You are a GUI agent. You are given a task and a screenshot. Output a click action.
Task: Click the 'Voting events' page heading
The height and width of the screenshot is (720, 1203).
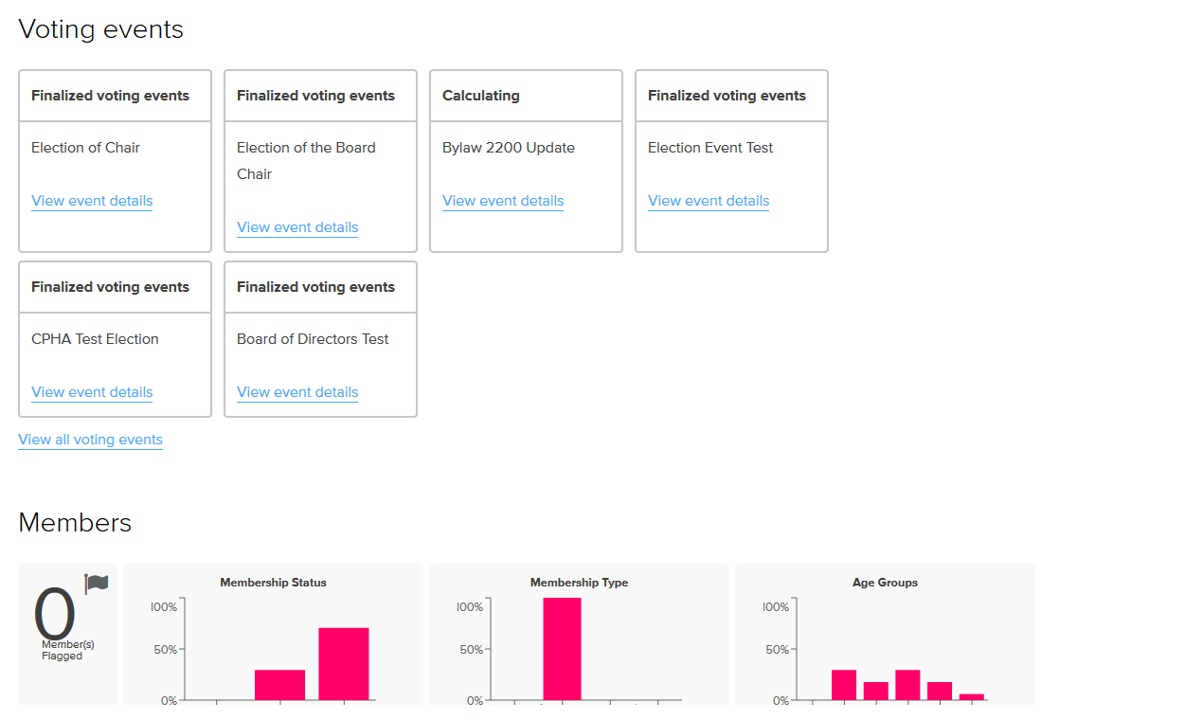[101, 29]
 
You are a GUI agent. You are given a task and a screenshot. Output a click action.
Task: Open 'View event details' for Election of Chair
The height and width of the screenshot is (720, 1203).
[92, 201]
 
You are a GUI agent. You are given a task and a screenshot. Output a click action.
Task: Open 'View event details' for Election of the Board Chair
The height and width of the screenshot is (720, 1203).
[297, 227]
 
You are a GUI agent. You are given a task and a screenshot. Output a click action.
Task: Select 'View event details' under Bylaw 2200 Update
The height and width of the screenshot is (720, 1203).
[503, 201]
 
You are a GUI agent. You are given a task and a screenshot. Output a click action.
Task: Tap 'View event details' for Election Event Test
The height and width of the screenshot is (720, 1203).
[709, 201]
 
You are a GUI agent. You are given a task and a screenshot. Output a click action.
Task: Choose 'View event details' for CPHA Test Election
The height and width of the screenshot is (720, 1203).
[92, 392]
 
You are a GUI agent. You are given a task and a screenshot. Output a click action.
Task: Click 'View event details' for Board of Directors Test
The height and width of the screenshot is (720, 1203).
[297, 392]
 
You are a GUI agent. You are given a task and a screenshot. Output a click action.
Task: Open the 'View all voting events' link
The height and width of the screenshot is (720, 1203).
[91, 440]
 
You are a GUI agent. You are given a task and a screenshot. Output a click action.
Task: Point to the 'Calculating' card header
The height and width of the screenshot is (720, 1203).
[481, 96]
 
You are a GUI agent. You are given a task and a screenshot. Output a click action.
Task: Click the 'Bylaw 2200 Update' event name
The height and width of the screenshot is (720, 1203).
[509, 148]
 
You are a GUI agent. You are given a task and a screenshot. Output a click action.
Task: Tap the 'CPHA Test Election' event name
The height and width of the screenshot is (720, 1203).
[95, 339]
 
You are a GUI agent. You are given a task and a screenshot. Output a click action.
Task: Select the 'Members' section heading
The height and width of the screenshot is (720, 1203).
[75, 523]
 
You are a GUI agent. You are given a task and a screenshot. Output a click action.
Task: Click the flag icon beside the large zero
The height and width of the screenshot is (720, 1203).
[97, 583]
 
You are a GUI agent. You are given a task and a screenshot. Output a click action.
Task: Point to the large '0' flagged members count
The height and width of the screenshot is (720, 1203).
[54, 615]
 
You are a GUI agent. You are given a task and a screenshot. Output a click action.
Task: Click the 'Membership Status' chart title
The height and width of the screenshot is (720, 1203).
[273, 583]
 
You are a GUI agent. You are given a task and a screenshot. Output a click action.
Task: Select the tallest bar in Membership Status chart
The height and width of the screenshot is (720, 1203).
[343, 663]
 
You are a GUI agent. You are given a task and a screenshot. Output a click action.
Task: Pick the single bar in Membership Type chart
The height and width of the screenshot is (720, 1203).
[562, 649]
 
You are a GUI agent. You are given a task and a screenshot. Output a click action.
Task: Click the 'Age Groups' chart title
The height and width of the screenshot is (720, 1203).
[885, 583]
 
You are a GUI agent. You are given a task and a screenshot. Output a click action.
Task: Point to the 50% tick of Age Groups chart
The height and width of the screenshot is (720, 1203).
[777, 650]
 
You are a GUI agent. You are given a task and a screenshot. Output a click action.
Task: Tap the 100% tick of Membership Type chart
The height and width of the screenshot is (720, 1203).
[470, 606]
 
